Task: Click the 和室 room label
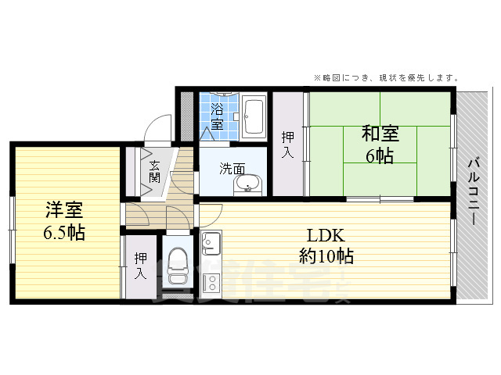coord(380,134)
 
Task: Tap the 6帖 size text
coord(380,155)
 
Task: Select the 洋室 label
coord(64,210)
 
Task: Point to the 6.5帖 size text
coord(64,232)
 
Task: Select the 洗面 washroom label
coord(232,167)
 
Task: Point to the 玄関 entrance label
coord(154,171)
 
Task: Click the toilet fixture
coord(177,266)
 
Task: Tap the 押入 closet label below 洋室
coord(141,266)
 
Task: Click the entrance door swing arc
coord(160,127)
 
